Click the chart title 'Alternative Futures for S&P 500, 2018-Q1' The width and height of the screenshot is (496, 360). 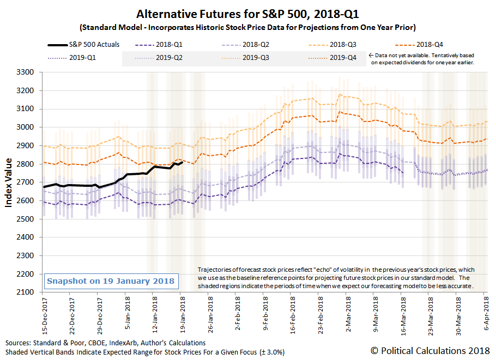point(248,13)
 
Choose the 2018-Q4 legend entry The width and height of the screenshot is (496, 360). point(434,45)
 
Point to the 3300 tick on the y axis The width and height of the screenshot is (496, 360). point(26,72)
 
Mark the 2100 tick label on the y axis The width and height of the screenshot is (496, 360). point(26,292)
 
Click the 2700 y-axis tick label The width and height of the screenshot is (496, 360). point(26,182)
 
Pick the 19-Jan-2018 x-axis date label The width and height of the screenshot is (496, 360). point(182,312)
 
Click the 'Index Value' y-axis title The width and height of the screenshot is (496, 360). point(9,182)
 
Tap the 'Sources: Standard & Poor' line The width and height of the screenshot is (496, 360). point(106,343)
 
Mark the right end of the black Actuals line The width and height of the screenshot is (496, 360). point(182,162)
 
